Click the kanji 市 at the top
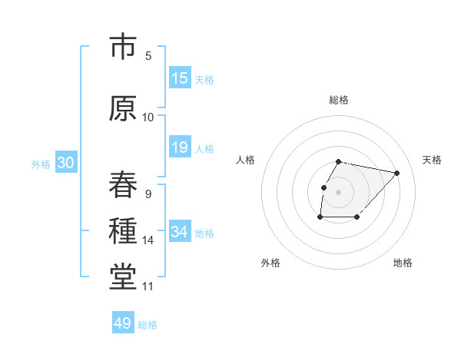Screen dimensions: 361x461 [123, 48]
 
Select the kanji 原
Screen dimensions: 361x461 [123, 108]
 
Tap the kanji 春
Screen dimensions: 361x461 [123, 184]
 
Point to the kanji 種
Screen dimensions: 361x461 [123, 231]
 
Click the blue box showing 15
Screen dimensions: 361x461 [180, 78]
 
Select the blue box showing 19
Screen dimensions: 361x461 [180, 147]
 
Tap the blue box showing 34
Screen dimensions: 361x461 [180, 232]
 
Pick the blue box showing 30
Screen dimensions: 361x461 [65, 164]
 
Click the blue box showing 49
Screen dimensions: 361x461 [123, 323]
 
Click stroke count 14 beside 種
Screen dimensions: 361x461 [148, 240]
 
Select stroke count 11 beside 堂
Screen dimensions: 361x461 [148, 286]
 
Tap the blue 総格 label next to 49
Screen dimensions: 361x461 [148, 325]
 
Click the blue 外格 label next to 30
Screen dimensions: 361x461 [41, 164]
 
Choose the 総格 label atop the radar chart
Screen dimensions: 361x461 [338, 100]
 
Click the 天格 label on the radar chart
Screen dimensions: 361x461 [432, 160]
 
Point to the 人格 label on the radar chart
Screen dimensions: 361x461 [245, 160]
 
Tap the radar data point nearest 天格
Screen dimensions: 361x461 [396, 173]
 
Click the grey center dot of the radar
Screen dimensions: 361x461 [338, 191]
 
